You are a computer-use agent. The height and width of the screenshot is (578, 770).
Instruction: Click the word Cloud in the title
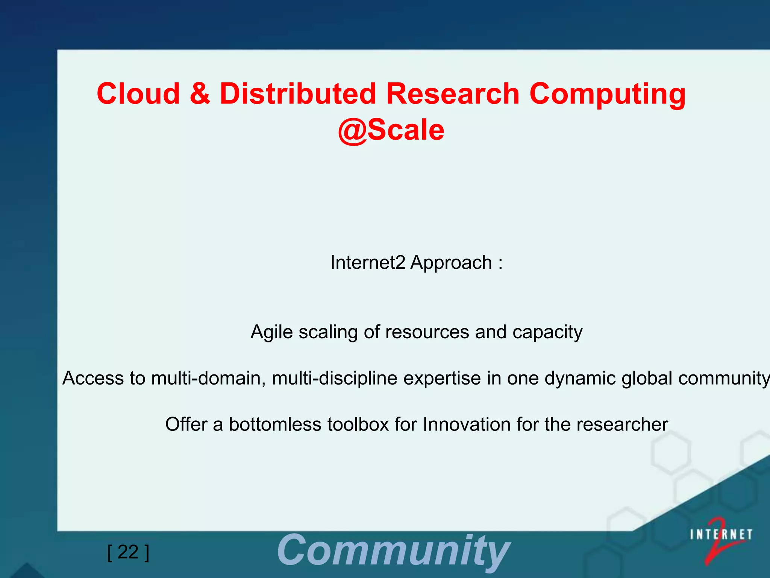click(138, 94)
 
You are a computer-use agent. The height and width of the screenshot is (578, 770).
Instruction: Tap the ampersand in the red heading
click(200, 94)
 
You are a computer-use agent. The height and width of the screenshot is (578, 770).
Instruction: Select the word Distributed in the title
click(298, 94)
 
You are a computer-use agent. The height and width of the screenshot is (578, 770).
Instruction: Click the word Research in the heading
click(453, 94)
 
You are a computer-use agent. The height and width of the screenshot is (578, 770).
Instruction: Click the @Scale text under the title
click(391, 130)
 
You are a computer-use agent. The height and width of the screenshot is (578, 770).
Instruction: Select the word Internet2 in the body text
click(367, 263)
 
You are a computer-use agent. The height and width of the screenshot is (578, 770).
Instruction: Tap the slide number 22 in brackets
click(128, 552)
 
